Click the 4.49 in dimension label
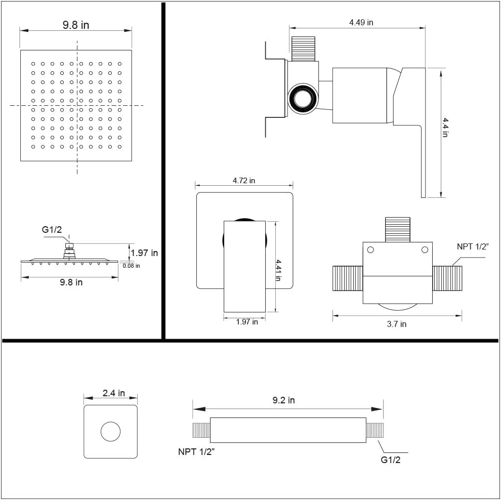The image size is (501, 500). point(361,22)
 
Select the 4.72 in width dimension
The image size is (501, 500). point(243,180)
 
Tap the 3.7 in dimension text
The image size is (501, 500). point(396,324)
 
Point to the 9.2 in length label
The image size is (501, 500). point(283,400)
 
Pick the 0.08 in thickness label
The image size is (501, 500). point(131,265)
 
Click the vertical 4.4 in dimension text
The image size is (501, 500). point(445,128)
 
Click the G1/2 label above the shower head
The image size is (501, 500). point(52,230)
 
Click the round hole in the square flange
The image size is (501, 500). point(110,432)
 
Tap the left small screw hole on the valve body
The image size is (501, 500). point(370,249)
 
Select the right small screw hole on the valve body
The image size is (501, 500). point(425,249)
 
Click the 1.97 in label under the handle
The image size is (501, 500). point(247,321)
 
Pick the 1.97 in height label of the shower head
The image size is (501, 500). point(144,253)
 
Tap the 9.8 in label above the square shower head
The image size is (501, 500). point(76,25)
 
